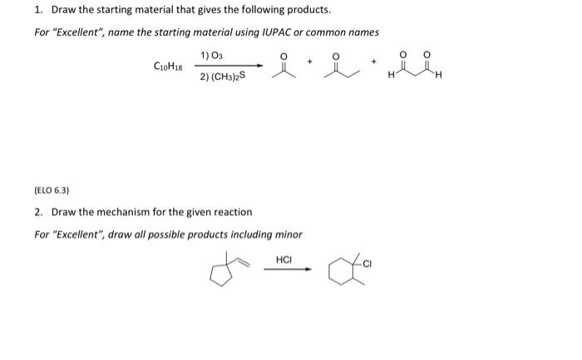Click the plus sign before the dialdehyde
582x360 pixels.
coord(374,61)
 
